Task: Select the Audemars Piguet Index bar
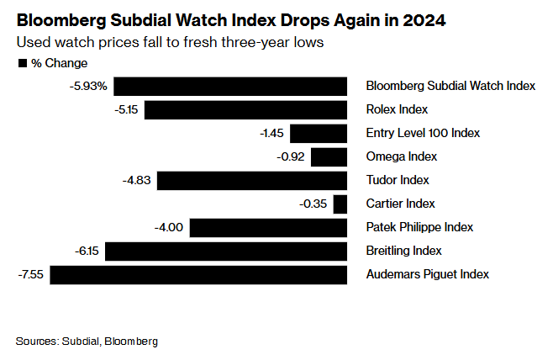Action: tap(200, 274)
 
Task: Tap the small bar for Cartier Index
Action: tap(340, 204)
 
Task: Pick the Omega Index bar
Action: tap(329, 156)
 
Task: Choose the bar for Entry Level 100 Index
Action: tap(319, 133)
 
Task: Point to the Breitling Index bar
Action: tap(225, 251)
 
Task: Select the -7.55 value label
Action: tap(30, 274)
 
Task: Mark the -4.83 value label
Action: tap(137, 180)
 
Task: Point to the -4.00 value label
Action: tap(170, 227)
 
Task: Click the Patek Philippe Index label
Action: tap(419, 227)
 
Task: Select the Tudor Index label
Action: tap(398, 180)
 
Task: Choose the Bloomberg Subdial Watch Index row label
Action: tap(450, 86)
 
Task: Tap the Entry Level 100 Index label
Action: tap(422, 133)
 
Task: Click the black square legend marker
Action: tap(23, 63)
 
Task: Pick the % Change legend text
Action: tap(60, 63)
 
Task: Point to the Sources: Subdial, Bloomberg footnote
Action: tap(87, 341)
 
